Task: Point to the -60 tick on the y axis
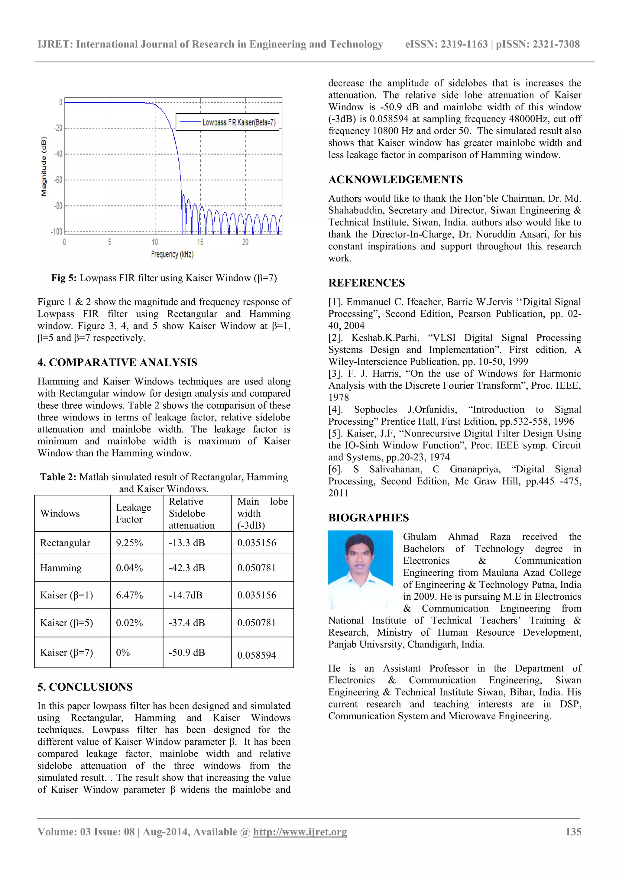point(58,180)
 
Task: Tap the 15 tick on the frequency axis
point(200,242)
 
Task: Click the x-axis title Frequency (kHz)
point(172,254)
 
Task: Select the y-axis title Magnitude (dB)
point(44,166)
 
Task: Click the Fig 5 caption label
point(64,278)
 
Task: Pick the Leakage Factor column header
point(133,513)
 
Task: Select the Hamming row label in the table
point(61,568)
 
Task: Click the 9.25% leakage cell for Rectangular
point(129,543)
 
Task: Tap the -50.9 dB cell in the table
point(187,653)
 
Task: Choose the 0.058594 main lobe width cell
point(257,655)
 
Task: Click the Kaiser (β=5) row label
point(67,623)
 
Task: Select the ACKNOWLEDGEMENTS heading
point(396,180)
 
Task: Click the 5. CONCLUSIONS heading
point(85,687)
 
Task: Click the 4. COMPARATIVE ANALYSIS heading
point(117,362)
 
